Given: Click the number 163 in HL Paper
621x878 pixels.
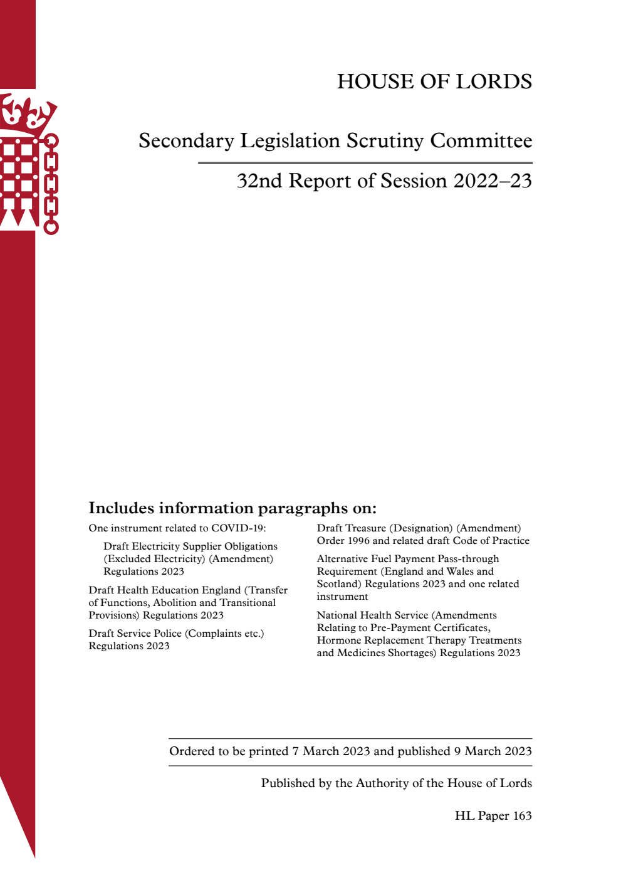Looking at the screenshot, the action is click(x=522, y=816).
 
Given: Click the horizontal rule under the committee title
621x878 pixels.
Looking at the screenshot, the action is click(x=365, y=163).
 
